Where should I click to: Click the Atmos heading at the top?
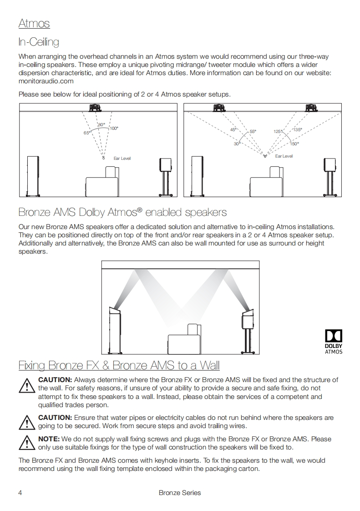coord(34,23)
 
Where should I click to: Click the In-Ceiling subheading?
coord(39,42)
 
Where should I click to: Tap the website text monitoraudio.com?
coord(46,81)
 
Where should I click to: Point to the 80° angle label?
coord(101,124)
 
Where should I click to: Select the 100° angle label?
coord(114,128)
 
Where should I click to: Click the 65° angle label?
coord(87,133)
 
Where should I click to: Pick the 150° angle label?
coord(294,144)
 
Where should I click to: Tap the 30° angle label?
coord(237,144)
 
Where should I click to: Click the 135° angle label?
coord(298,130)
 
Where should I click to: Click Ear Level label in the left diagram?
coord(122,158)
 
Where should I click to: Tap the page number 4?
coord(20,493)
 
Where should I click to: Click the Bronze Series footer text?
coord(180,493)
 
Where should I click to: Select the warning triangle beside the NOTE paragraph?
coord(27,443)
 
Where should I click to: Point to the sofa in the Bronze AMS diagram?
coord(184,339)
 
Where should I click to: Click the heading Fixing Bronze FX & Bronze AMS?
coord(119,365)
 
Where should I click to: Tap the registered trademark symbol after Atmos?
coord(140,210)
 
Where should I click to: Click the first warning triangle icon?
coord(27,386)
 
